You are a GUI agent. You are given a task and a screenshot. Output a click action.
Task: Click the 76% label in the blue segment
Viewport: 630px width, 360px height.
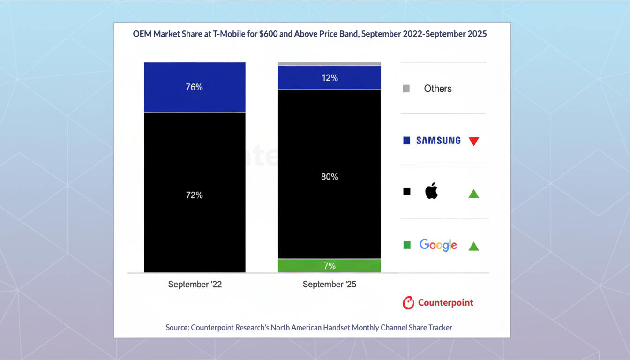[x=194, y=87]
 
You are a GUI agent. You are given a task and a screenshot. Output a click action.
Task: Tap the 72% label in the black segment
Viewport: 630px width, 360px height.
[x=194, y=195]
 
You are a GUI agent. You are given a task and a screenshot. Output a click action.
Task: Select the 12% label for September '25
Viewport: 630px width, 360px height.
[x=330, y=78]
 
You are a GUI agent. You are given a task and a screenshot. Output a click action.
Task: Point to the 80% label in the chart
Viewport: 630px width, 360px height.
[x=330, y=177]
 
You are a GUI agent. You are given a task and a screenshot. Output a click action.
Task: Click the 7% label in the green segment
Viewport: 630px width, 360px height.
[x=330, y=266]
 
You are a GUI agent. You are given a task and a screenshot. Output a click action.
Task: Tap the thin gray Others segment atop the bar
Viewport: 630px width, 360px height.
[x=330, y=64]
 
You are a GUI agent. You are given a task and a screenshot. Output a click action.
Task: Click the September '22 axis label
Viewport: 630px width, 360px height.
[x=195, y=285]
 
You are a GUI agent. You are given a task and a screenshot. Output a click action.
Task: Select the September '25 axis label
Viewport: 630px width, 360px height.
[x=330, y=285]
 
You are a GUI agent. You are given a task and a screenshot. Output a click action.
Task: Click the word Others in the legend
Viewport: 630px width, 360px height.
[x=438, y=89]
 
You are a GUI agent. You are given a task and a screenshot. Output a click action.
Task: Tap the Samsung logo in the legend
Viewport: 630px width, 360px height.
[x=438, y=140]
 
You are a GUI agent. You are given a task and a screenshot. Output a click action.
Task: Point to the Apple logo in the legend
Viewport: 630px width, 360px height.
[x=431, y=191]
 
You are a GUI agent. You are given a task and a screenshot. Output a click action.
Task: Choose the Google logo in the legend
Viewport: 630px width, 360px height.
[x=438, y=245]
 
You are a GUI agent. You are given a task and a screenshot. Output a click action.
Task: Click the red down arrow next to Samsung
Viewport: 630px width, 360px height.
[x=473, y=141]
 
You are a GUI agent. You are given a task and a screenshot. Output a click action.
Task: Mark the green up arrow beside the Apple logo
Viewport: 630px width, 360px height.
[x=473, y=193]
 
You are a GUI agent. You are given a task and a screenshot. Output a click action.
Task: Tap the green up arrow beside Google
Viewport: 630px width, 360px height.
[x=473, y=246]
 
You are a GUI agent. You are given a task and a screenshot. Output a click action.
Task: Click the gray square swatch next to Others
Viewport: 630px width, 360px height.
[x=406, y=89]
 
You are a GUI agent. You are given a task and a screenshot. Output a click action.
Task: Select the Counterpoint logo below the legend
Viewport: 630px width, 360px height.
[x=438, y=303]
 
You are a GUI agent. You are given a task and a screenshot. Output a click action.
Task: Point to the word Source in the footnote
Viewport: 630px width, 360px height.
[x=177, y=328]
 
